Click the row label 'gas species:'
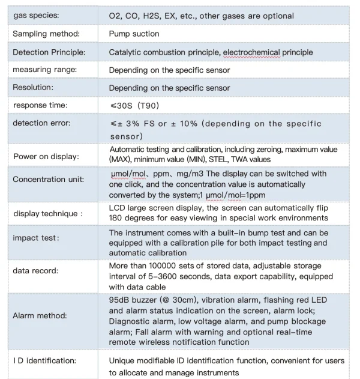[36, 15]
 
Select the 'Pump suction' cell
[134, 34]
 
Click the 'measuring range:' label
[44, 70]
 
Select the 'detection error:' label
[42, 123]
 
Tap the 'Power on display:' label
[46, 157]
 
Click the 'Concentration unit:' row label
[49, 180]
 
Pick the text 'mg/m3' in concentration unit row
[198, 174]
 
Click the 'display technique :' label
[48, 213]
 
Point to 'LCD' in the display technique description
[116, 208]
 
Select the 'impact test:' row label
[37, 237]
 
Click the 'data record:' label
[36, 271]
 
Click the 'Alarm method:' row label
[40, 315]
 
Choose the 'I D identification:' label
[45, 361]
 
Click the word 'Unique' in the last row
[122, 361]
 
